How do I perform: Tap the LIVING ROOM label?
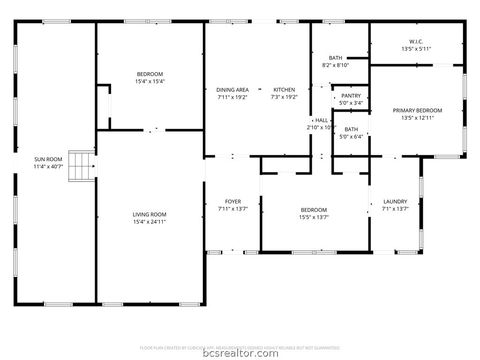pos(150,214)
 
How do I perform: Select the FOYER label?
pos(232,201)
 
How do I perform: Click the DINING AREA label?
pos(232,90)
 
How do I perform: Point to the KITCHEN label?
pos(284,90)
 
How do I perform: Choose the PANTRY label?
pos(350,95)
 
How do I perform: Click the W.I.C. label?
pos(414,41)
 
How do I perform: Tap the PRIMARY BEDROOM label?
pos(418,111)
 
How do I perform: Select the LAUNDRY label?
pos(395,201)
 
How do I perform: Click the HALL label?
pos(322,119)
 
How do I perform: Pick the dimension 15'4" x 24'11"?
pos(150,222)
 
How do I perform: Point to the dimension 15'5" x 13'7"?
pos(314,217)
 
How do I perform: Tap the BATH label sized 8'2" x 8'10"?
pos(335,58)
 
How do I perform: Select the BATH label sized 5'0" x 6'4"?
pos(351,129)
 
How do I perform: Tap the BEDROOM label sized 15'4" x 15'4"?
pos(150,74)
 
